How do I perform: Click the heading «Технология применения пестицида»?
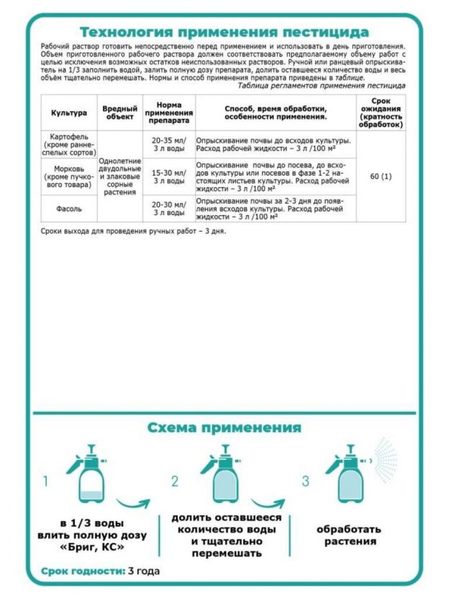(224, 32)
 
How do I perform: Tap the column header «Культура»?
(69, 112)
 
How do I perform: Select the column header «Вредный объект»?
(119, 112)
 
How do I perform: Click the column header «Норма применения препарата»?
(168, 112)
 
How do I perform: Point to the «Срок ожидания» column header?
(381, 112)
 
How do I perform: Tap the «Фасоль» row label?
(69, 207)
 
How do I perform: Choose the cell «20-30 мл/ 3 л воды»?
(168, 207)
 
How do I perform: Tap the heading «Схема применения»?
(224, 428)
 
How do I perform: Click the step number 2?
(174, 481)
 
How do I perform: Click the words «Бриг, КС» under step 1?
(93, 548)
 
